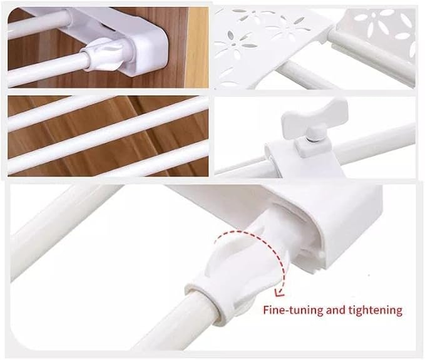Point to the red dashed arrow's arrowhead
click(x=279, y=292)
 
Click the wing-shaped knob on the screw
click(x=314, y=116)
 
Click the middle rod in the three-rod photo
click(x=108, y=135)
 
